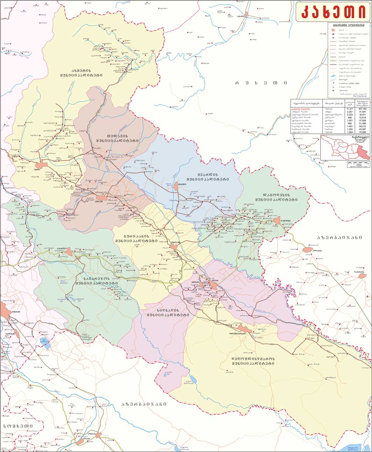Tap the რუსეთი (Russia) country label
click(261, 83)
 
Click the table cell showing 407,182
click(363, 109)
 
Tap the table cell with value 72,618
click(363, 117)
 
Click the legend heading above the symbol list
click(349, 25)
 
